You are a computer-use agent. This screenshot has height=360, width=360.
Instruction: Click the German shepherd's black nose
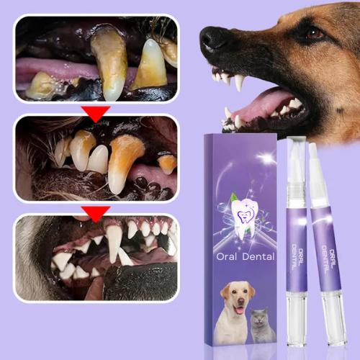216,37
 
